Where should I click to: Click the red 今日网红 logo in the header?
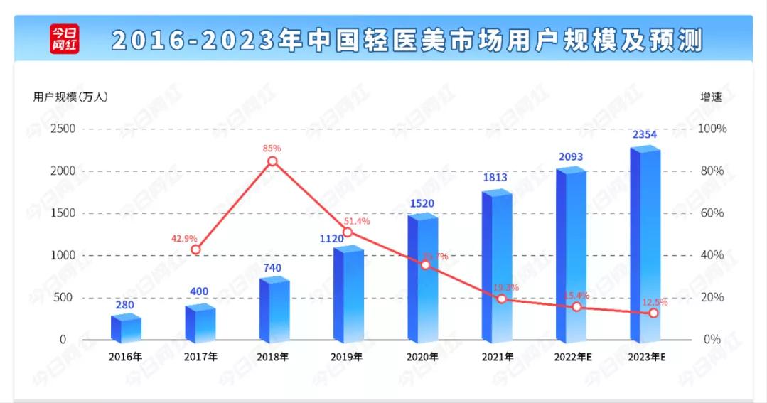click(x=64, y=39)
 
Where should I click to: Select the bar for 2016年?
click(x=126, y=328)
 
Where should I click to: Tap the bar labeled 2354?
click(x=645, y=245)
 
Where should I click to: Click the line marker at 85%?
click(x=273, y=161)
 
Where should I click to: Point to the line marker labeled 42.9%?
click(x=196, y=249)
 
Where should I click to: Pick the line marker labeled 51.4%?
click(x=348, y=232)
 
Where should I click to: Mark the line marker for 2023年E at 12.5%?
click(x=653, y=313)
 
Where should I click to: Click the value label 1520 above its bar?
click(x=422, y=203)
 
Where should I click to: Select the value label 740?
click(x=272, y=268)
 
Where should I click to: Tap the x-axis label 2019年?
click(x=348, y=357)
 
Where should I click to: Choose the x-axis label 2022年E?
click(x=573, y=357)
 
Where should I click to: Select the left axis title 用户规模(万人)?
click(x=70, y=97)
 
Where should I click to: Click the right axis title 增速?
click(x=711, y=97)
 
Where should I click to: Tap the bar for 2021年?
click(x=496, y=267)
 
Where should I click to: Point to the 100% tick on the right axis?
click(x=712, y=129)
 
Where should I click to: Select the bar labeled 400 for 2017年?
click(x=200, y=325)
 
